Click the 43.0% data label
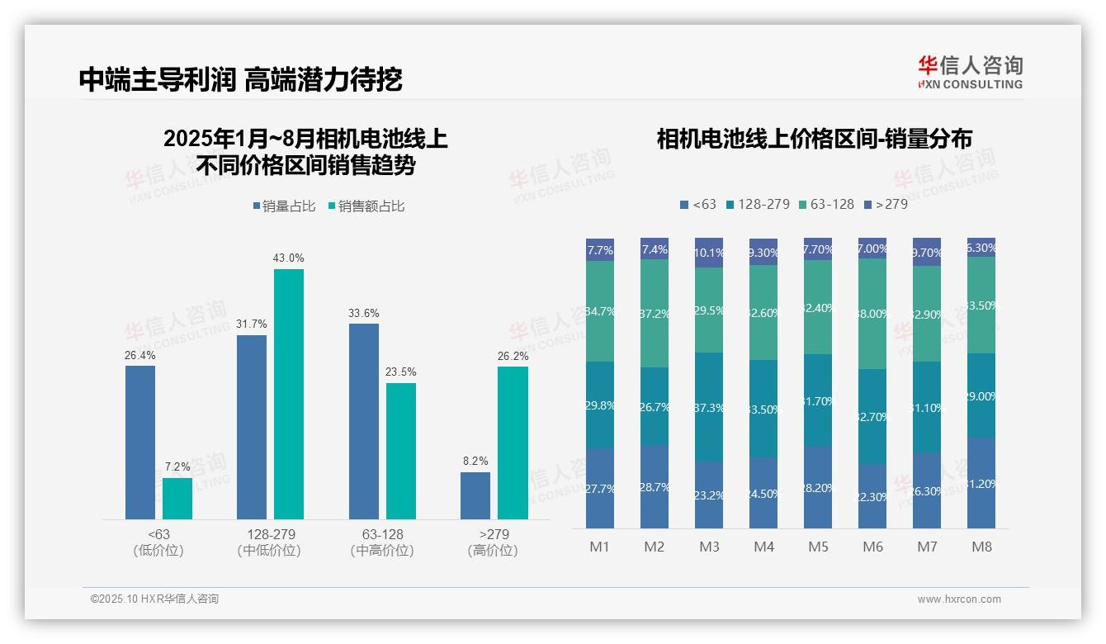click(288, 258)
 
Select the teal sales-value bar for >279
click(513, 443)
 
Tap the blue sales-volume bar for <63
click(140, 442)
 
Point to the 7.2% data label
click(177, 467)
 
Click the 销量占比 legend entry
click(284, 206)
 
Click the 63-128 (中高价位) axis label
click(382, 542)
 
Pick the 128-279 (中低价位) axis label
click(269, 542)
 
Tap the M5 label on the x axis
click(818, 547)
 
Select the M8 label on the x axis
click(981, 547)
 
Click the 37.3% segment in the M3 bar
click(709, 406)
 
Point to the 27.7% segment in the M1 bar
click(600, 488)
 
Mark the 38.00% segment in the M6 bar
click(872, 314)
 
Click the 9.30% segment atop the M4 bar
click(763, 252)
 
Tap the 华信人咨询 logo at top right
click(970, 72)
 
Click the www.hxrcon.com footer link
click(959, 599)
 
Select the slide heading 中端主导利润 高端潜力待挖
click(240, 79)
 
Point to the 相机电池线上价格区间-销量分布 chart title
click(814, 139)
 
